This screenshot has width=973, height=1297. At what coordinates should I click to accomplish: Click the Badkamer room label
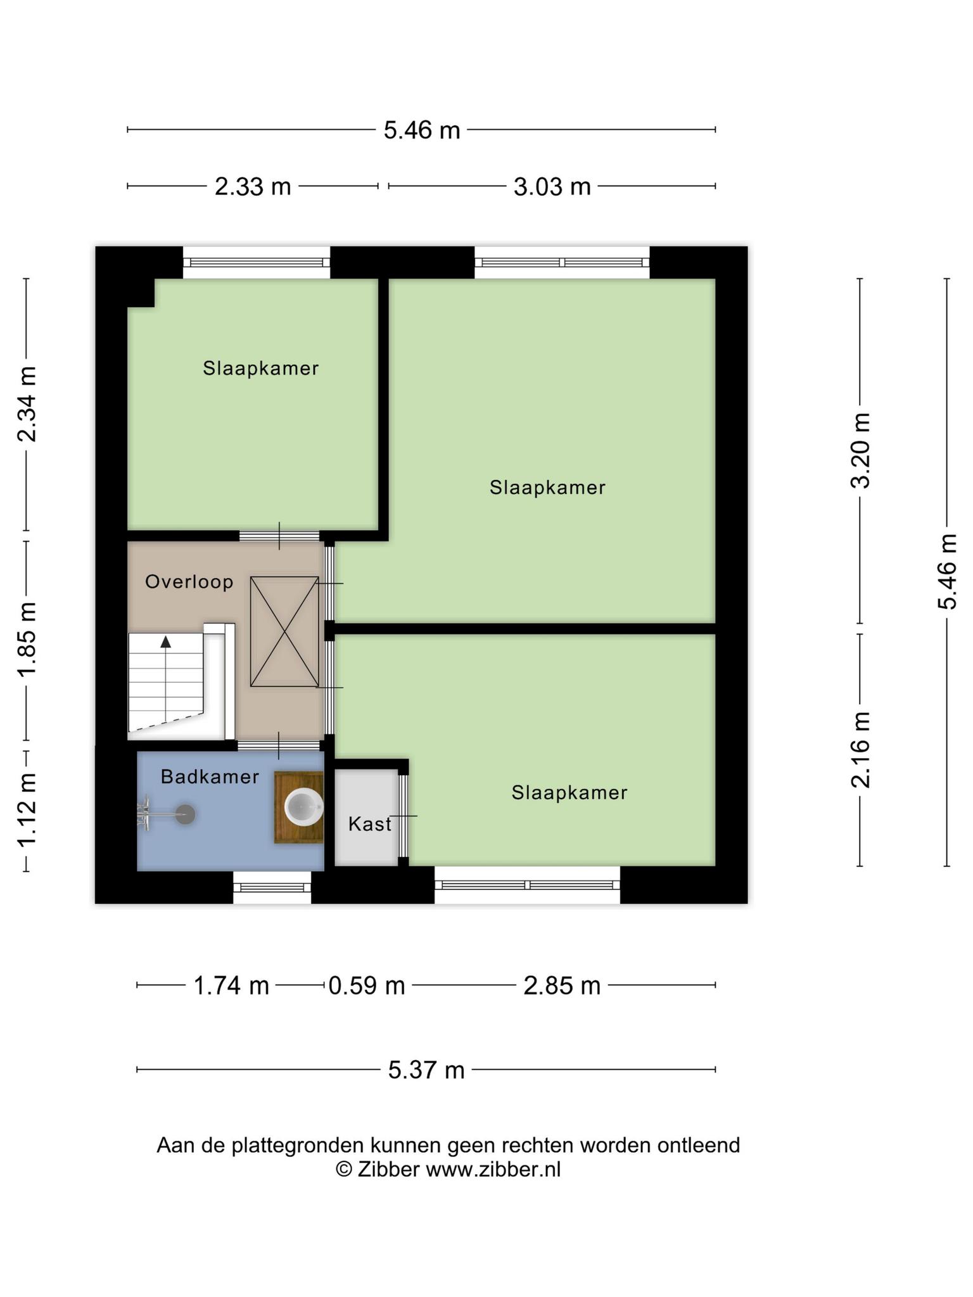click(210, 776)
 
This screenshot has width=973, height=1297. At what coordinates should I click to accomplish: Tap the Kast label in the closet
click(370, 824)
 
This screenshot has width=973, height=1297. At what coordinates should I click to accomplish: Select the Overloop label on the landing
click(189, 581)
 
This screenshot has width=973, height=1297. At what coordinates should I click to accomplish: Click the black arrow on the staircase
click(166, 642)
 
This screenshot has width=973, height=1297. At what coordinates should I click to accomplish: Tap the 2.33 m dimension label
click(253, 187)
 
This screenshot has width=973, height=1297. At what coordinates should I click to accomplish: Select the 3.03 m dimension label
click(552, 187)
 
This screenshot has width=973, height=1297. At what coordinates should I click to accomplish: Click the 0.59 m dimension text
click(366, 986)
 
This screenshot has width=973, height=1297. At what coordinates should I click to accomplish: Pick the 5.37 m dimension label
click(426, 1070)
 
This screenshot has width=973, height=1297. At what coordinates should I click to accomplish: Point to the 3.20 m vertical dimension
click(860, 450)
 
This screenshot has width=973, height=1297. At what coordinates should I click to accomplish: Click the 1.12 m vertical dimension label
click(27, 810)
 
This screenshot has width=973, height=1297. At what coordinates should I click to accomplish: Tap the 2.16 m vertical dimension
click(860, 750)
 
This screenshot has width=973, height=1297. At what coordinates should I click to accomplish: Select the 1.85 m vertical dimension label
click(27, 640)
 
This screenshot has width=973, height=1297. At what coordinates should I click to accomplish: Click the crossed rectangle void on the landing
click(284, 631)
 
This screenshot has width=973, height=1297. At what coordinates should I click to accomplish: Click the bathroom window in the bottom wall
click(272, 887)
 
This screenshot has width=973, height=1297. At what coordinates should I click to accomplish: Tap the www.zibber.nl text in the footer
click(493, 1169)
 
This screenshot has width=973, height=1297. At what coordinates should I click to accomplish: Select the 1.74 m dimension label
click(231, 986)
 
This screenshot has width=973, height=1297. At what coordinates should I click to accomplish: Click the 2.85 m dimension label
click(562, 986)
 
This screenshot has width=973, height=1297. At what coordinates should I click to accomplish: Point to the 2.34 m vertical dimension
click(27, 404)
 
